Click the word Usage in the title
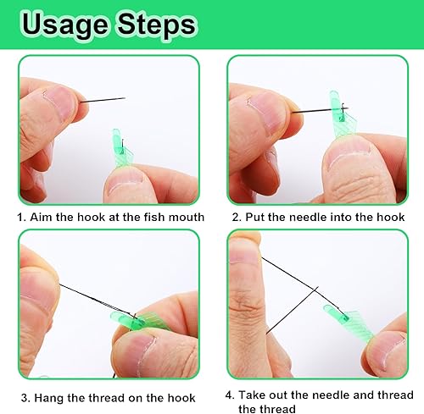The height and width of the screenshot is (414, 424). point(65,26)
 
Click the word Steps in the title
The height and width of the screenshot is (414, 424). point(157,25)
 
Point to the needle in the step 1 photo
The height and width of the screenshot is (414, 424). point(103,100)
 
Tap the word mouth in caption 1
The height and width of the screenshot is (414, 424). point(187,218)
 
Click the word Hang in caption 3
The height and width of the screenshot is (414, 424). point(49,398)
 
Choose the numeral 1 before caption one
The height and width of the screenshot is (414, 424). point(20,218)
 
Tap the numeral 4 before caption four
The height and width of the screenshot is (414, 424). point(229,395)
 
